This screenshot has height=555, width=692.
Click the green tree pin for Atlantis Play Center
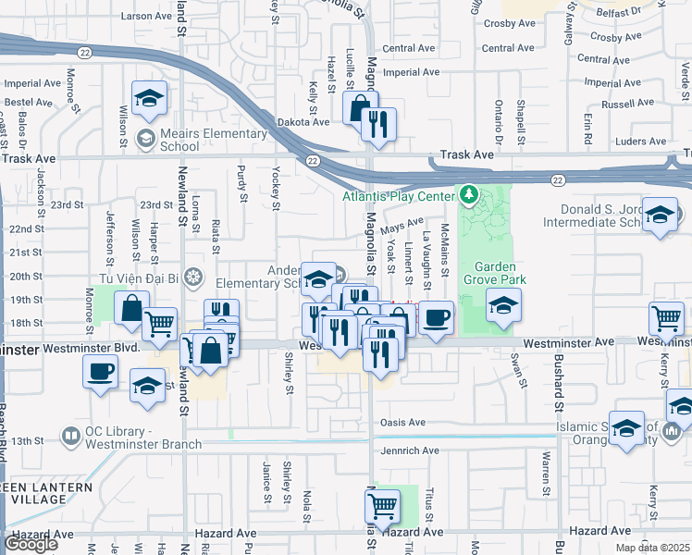coord(468,195)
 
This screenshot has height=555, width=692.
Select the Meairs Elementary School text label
coord(167,139)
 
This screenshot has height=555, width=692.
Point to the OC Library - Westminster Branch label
coord(131,438)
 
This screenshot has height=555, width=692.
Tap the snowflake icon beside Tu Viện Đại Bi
coord(192,277)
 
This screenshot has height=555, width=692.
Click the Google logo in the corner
coord(31,544)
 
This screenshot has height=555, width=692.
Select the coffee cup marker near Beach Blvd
coord(100,372)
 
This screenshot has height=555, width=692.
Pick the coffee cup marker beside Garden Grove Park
coord(437,316)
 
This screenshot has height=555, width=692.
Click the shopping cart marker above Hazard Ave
coord(382,505)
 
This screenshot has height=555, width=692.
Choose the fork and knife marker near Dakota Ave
coord(378,123)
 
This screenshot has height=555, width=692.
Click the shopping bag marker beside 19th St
coord(132,307)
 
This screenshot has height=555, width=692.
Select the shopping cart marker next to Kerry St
coord(666,318)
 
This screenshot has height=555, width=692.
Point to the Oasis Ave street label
coord(402,423)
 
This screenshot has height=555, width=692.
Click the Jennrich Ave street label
coord(409,450)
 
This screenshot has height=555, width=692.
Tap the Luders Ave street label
coord(640,142)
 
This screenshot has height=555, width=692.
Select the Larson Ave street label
coord(147,16)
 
